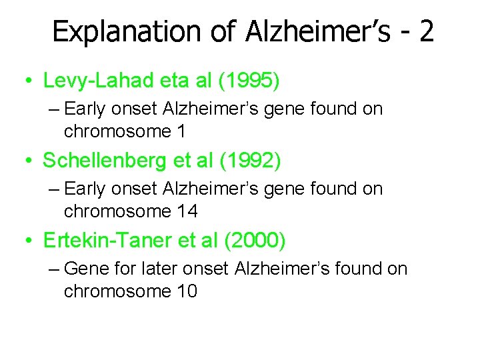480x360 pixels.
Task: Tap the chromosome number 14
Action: coord(187,211)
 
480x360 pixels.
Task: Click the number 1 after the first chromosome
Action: coord(181,131)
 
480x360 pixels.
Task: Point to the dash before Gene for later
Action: coord(55,269)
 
